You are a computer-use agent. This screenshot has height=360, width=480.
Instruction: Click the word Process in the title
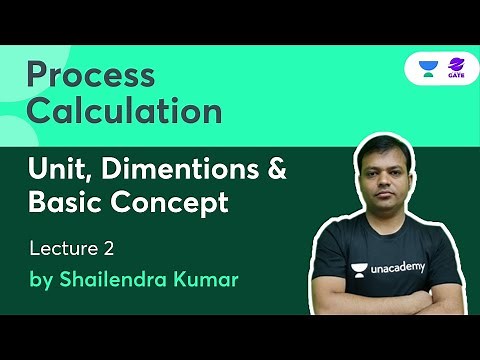(90, 76)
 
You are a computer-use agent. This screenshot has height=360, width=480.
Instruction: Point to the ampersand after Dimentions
(274, 170)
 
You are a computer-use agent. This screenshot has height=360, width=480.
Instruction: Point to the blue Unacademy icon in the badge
(428, 69)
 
